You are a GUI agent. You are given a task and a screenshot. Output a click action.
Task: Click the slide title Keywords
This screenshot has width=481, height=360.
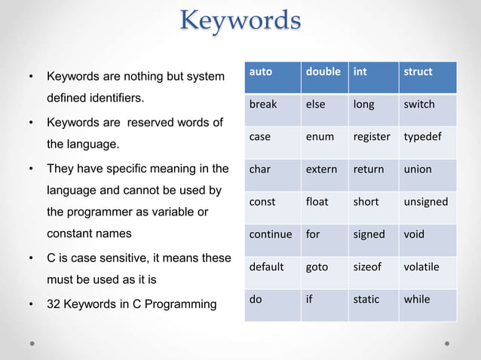coord(240,20)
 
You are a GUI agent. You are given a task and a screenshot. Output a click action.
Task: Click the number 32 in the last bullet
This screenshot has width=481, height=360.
coord(54,304)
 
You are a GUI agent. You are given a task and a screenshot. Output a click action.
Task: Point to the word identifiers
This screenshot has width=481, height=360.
coord(114,99)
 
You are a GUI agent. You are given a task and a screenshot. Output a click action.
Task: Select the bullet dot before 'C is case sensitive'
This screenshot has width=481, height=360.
coord(31,258)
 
